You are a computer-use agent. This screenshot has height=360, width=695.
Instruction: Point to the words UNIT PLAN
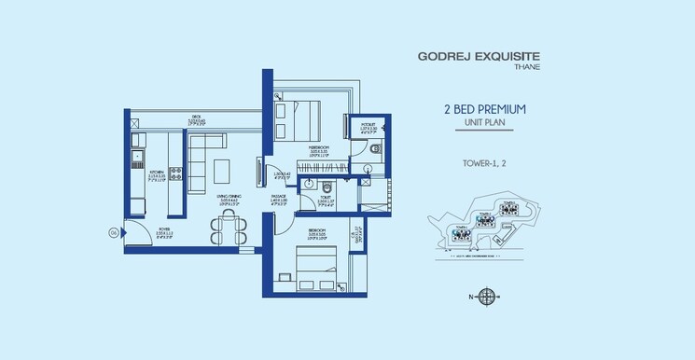coord(485,122)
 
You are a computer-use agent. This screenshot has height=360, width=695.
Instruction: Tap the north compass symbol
coord(487,298)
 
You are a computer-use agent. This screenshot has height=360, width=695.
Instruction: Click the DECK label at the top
coord(195,118)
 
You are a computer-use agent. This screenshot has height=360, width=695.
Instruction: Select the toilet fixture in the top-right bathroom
coord(374,148)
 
